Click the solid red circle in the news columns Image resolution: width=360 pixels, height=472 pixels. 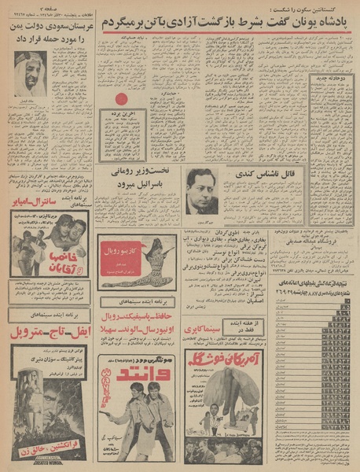pyautogui.click(x=120, y=100)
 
